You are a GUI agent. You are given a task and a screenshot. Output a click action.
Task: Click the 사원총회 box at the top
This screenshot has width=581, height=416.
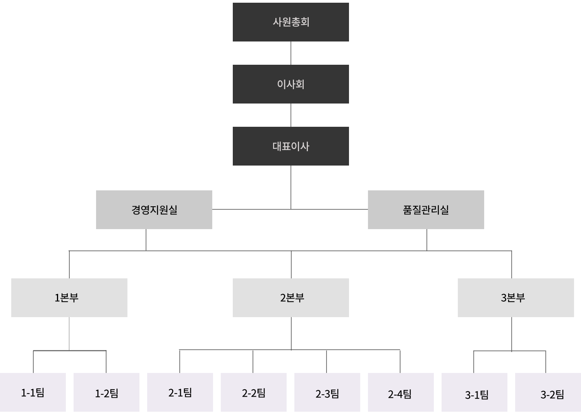click(x=290, y=22)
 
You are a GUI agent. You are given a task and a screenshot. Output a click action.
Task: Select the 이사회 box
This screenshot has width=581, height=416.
click(x=290, y=84)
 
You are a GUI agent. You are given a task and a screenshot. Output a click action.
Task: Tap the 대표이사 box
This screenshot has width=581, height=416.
click(x=290, y=146)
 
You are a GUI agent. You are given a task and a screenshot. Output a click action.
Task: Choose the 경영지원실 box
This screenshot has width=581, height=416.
click(x=154, y=210)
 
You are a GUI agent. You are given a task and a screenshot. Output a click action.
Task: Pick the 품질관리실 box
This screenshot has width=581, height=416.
click(x=426, y=210)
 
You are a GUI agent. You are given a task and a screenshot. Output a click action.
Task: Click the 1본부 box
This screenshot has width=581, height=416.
click(x=69, y=298)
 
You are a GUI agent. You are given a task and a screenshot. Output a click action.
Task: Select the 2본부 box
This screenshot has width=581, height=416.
click(x=290, y=298)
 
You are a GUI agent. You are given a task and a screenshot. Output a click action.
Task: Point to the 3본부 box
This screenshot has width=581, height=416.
click(x=516, y=298)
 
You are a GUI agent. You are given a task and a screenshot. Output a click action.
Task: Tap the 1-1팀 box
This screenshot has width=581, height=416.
click(x=33, y=392)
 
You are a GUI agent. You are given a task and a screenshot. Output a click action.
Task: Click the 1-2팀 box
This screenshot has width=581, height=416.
click(x=107, y=392)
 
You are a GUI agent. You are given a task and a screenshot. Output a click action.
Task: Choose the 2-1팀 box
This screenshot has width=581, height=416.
click(x=180, y=392)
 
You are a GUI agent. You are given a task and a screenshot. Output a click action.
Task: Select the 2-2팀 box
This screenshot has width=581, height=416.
click(x=254, y=392)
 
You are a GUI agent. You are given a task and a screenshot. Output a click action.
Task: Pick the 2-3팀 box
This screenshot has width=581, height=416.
click(x=327, y=392)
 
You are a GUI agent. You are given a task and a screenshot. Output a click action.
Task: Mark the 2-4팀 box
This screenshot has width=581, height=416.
click(x=401, y=392)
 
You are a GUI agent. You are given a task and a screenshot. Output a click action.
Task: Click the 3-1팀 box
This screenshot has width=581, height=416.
click(x=474, y=392)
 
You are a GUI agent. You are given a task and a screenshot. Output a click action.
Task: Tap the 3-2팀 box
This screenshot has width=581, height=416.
click(x=548, y=392)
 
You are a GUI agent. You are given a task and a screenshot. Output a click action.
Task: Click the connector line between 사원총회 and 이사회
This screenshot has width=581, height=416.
click(x=291, y=53)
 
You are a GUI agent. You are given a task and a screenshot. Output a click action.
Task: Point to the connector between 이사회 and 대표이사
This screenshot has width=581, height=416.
click(x=291, y=115)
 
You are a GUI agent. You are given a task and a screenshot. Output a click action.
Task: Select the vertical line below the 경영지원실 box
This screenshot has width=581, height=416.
click(x=146, y=240)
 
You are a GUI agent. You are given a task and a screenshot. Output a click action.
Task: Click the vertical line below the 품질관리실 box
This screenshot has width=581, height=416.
click(x=427, y=240)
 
